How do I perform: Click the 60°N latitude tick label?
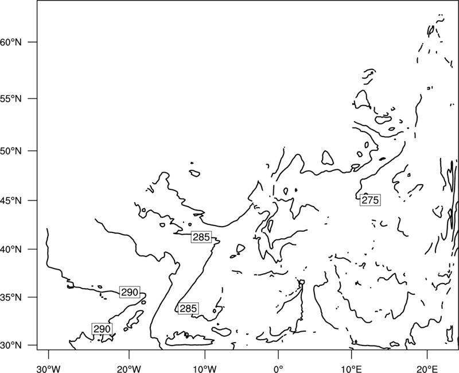10,42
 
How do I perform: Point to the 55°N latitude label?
10,99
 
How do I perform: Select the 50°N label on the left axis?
10,151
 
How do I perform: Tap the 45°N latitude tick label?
10,200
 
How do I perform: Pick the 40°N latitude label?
10,250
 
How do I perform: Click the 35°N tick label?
10,297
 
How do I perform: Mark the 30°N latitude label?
10,345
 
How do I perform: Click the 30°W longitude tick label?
48,369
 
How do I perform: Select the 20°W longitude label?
129,369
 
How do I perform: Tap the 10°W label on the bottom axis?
205,369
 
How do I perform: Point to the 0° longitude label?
278,369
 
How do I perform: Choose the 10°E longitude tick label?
351,369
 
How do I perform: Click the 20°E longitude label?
427,369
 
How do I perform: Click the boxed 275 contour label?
370,200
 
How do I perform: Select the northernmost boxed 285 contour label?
201,237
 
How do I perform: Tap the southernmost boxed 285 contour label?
188,309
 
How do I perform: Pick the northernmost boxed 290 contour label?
130,292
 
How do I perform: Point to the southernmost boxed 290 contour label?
102,329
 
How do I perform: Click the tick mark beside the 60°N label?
33,42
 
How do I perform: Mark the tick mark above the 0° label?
278,354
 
